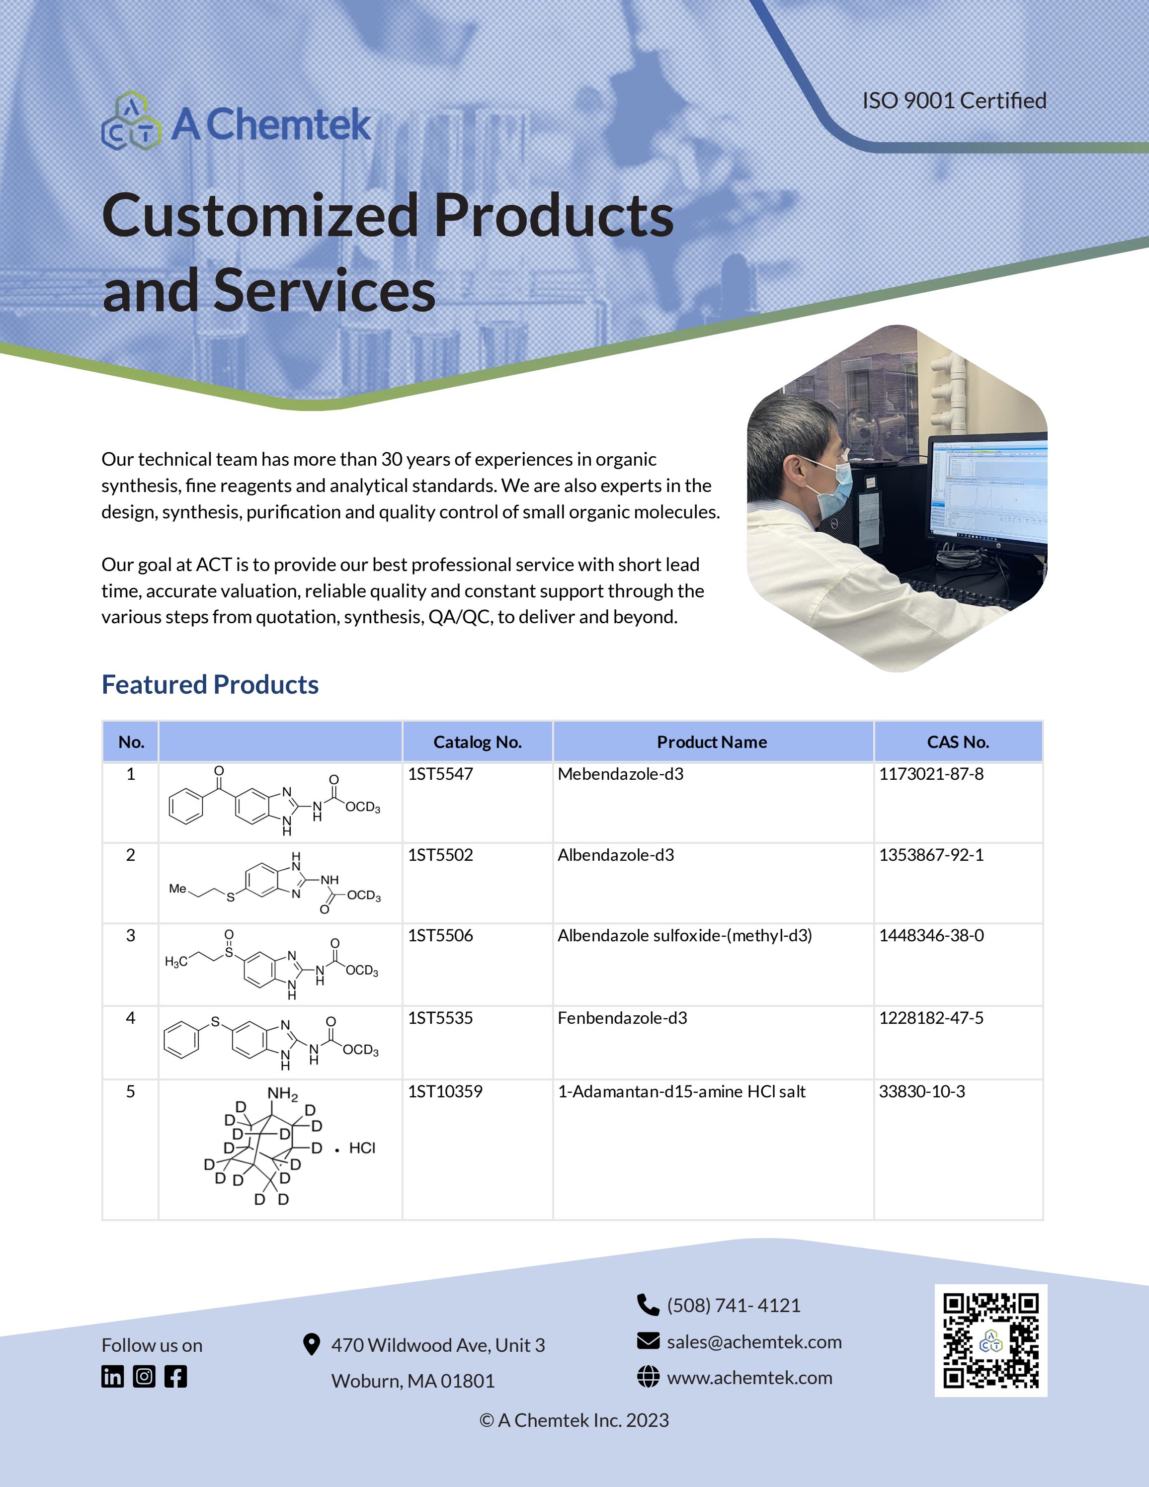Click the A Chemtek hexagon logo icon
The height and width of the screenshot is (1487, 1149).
(x=131, y=122)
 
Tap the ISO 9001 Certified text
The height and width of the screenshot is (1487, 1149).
(x=954, y=101)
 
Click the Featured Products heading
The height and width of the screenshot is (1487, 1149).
(x=210, y=684)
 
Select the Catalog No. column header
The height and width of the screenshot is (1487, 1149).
(x=477, y=742)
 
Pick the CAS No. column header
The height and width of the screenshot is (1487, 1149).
(x=958, y=742)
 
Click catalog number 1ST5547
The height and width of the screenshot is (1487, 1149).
(x=440, y=774)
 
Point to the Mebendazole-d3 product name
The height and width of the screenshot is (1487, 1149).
(x=620, y=774)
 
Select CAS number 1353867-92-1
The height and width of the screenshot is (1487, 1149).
(x=931, y=855)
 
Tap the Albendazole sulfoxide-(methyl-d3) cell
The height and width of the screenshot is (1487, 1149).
(x=685, y=935)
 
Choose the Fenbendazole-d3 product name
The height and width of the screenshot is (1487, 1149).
(x=622, y=1018)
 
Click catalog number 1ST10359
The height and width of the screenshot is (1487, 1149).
(x=445, y=1091)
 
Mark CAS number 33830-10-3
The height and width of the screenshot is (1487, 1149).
(x=922, y=1091)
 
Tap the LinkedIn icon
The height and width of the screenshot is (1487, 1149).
(x=113, y=1376)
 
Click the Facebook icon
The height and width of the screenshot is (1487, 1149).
(x=175, y=1376)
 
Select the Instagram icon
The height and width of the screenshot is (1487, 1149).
(x=144, y=1376)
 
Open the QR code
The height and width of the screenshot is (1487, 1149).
(x=990, y=1340)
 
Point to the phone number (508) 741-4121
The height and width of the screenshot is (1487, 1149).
(x=733, y=1305)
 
